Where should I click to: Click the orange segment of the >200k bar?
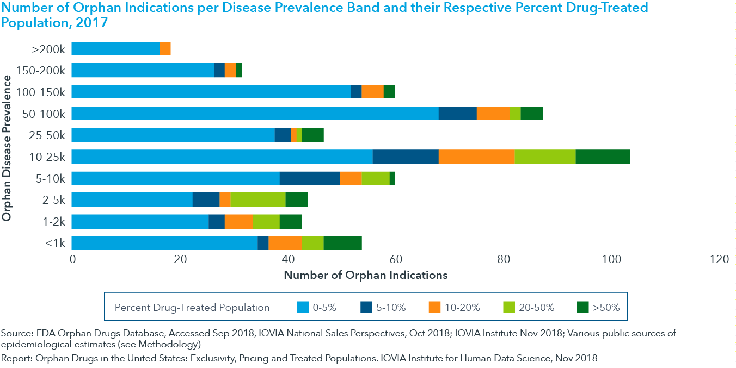[x=165, y=49]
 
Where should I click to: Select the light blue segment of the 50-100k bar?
[x=255, y=114]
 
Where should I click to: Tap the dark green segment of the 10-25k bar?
[x=602, y=157]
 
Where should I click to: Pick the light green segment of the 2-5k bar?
[x=257, y=199]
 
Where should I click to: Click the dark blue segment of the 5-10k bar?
[x=309, y=178]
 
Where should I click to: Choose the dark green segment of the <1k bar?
[x=342, y=243]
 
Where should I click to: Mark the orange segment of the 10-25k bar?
[x=476, y=157]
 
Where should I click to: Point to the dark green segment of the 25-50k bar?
[x=312, y=135]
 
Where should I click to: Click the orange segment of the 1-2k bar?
[x=238, y=221]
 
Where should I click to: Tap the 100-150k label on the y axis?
[x=41, y=92]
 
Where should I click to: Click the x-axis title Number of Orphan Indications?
[x=365, y=275]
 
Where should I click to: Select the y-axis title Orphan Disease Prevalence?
[x=7, y=148]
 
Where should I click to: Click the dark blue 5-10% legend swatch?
[x=366, y=308]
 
